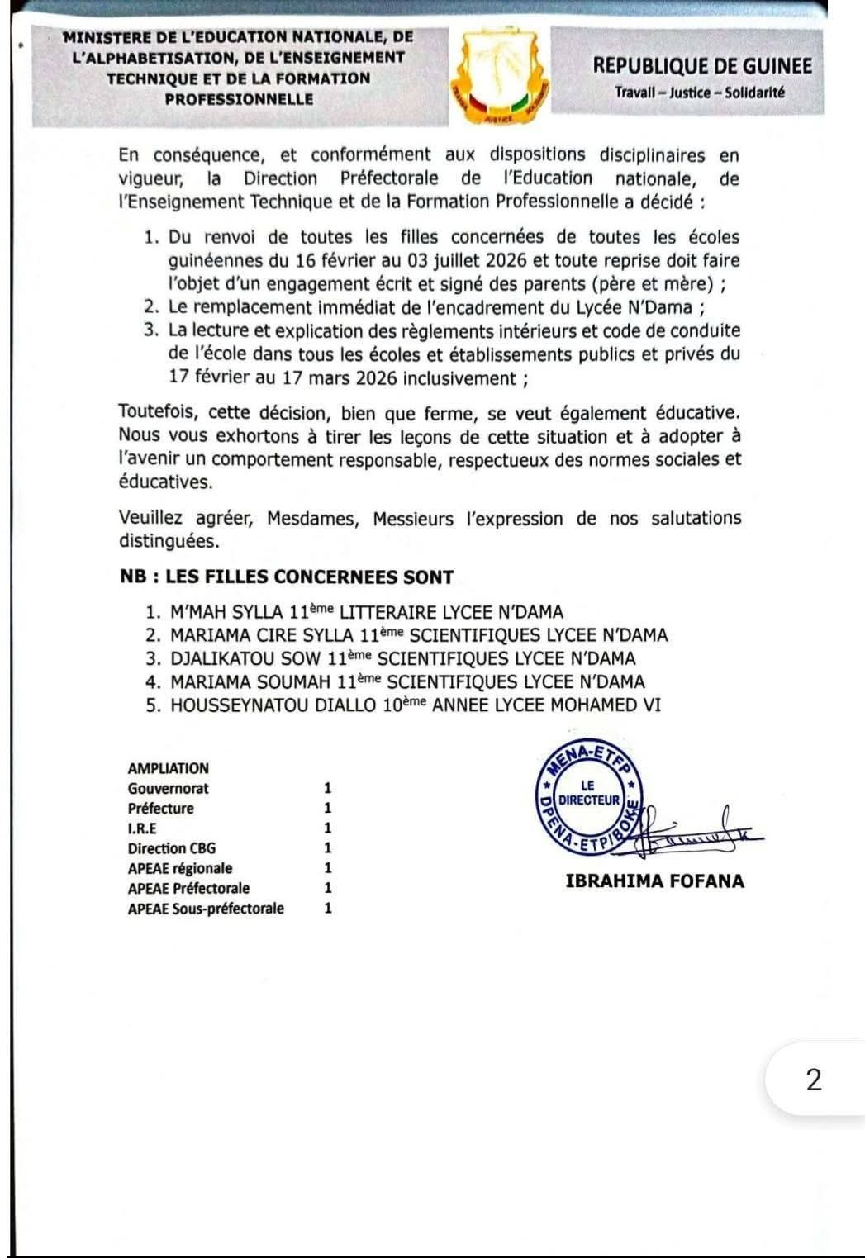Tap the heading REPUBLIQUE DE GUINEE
tap(702, 66)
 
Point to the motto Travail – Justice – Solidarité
tap(699, 93)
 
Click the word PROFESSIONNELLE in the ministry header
tap(239, 99)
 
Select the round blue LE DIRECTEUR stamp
tap(588, 794)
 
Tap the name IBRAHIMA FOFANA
tap(654, 881)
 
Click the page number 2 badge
tap(814, 1080)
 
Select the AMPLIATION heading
tap(169, 768)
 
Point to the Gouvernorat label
tap(169, 789)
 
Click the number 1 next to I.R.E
tap(328, 828)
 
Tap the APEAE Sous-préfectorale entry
tap(206, 909)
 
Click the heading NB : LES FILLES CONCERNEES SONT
tap(287, 577)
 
